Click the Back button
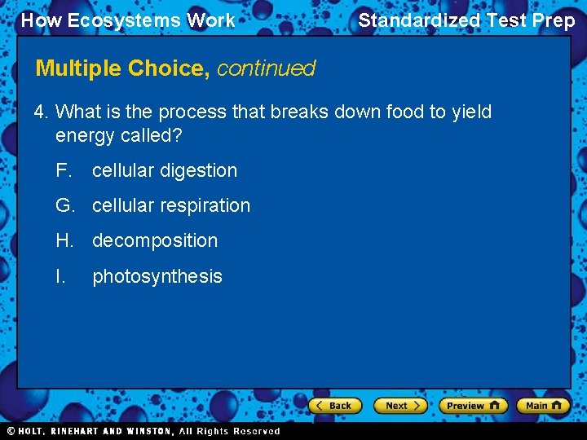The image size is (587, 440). pos(333,405)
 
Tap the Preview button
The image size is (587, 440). pos(473,405)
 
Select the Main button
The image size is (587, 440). pos(542,405)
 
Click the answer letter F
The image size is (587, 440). pos(64,170)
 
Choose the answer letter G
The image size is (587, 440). pos(64,205)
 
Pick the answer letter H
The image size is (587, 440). pos(64,240)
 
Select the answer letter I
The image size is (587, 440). pos(60,276)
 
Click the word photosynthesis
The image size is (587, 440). pos(157,277)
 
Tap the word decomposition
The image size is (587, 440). pos(155,241)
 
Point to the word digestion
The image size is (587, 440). pos(199,171)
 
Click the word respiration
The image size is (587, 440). pos(204,206)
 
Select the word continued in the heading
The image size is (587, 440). pos(266,68)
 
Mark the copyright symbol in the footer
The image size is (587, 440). pos(11,431)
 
